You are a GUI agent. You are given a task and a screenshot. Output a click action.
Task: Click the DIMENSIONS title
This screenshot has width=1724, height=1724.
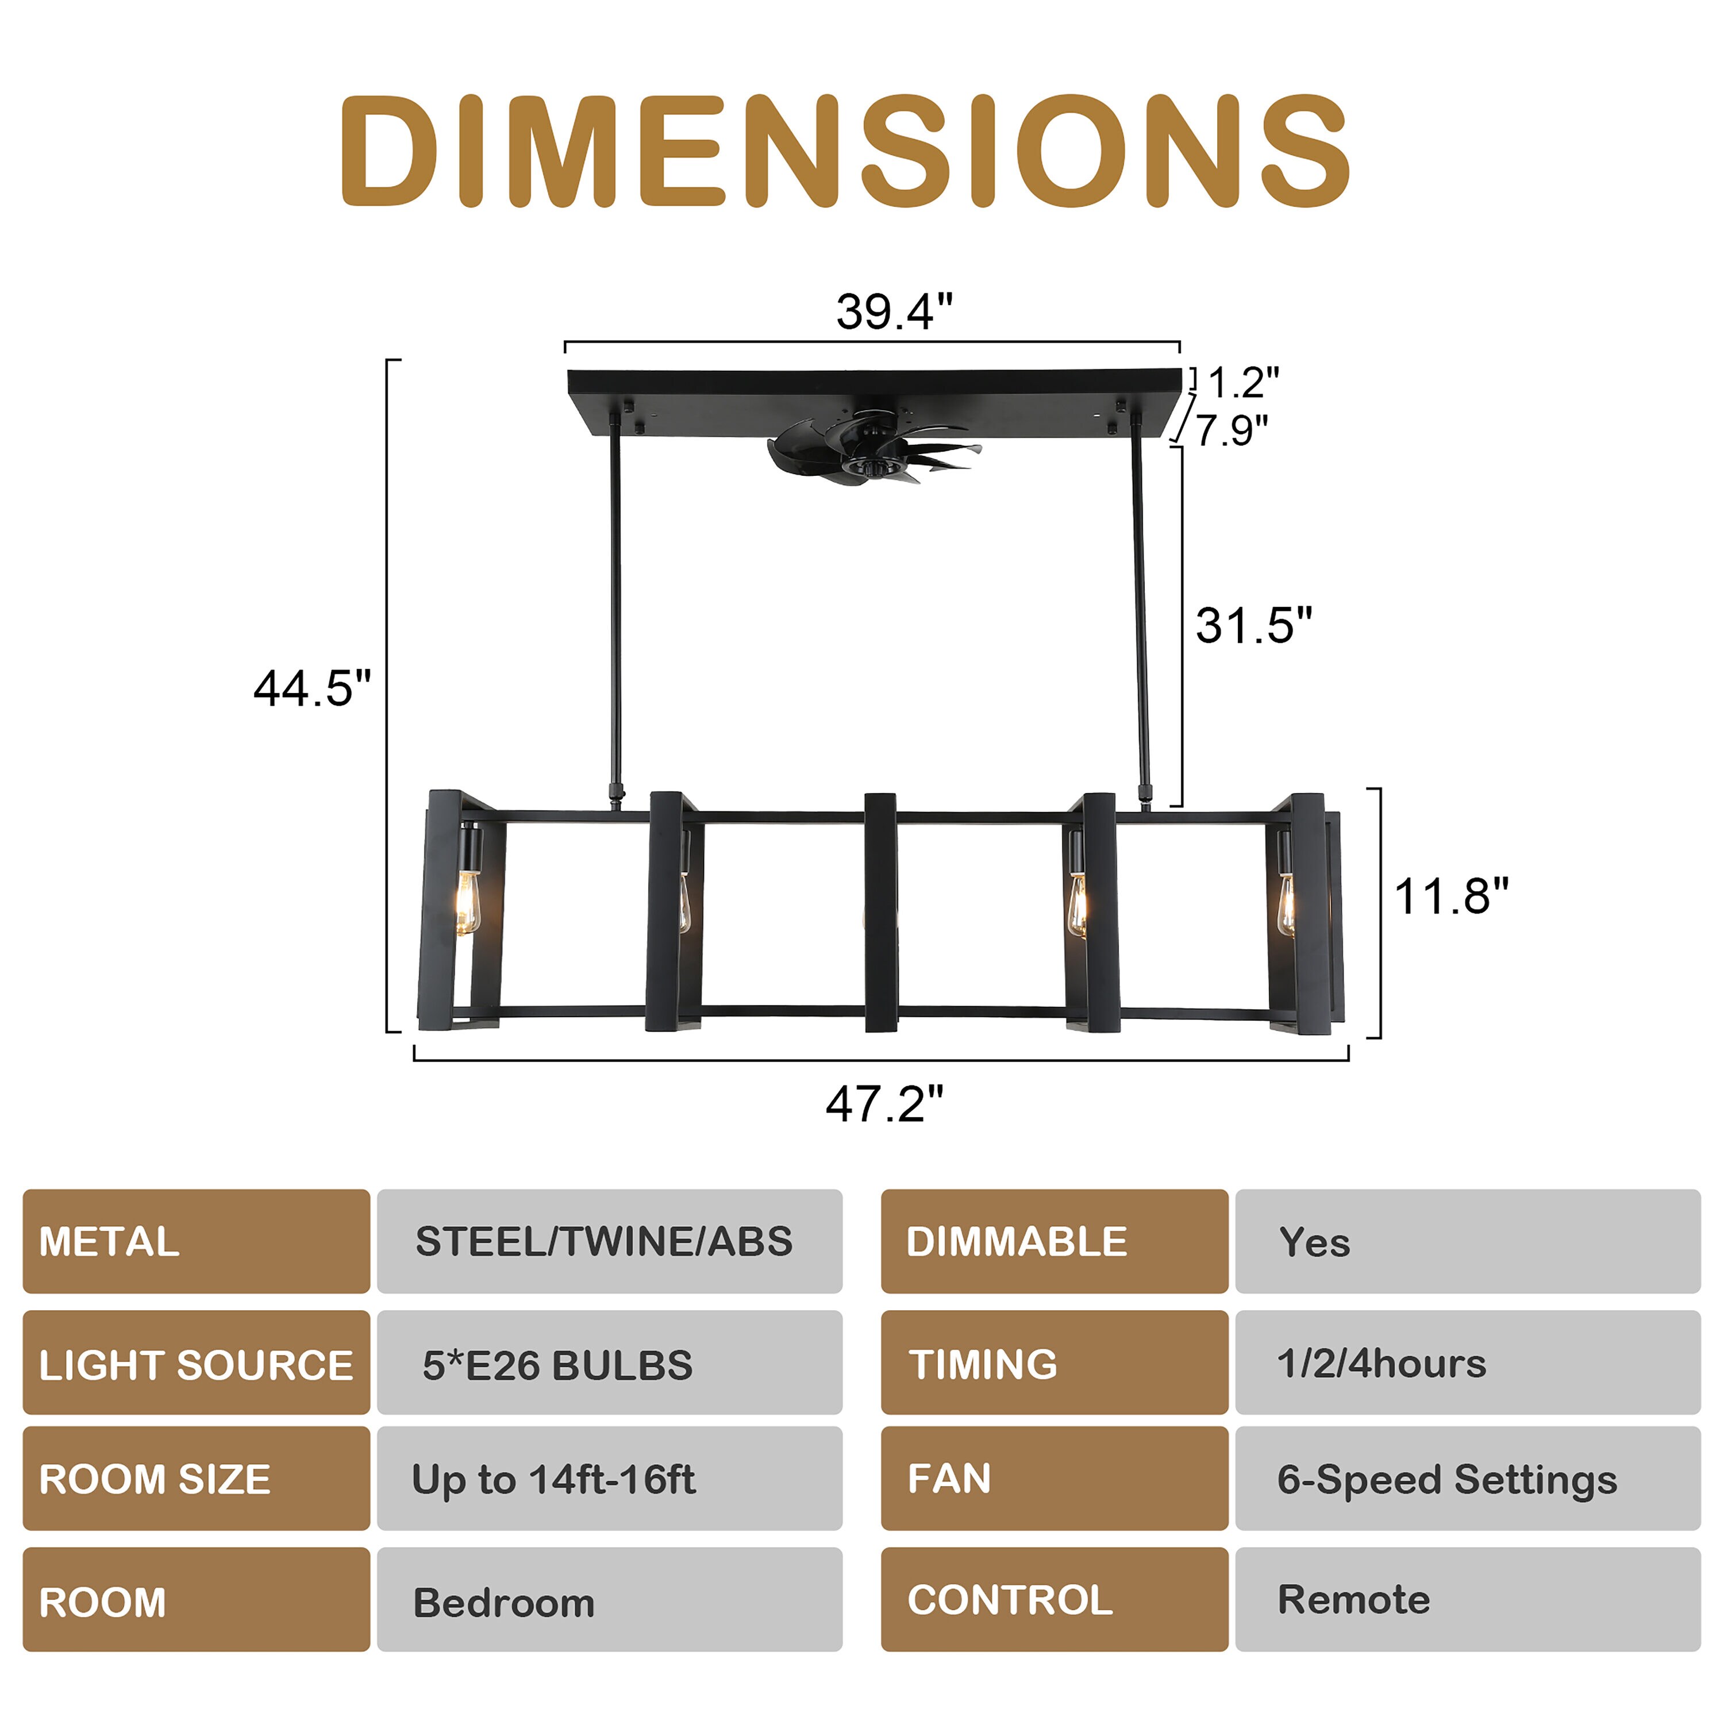tap(844, 150)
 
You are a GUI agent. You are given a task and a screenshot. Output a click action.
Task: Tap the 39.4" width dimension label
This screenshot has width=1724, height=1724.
tap(894, 311)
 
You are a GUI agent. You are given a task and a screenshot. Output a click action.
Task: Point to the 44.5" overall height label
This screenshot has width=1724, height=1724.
tap(311, 689)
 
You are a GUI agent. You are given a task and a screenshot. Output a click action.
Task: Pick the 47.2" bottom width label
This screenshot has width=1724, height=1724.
tap(883, 1104)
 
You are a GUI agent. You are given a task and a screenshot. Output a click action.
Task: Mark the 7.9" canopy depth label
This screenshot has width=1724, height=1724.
tap(1232, 430)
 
